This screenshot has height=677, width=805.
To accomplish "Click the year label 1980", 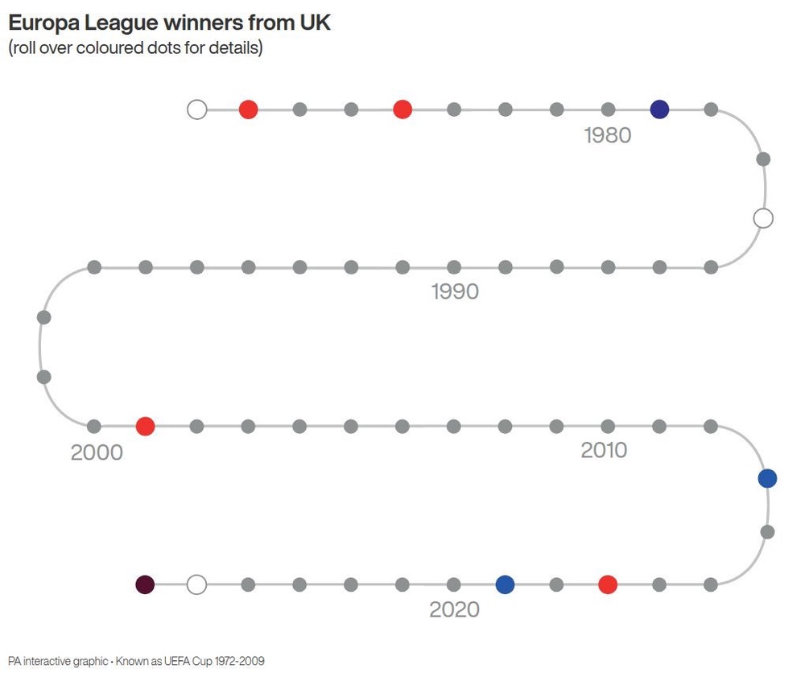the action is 607,135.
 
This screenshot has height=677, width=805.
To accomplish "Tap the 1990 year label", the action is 455,291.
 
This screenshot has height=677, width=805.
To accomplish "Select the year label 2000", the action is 97,452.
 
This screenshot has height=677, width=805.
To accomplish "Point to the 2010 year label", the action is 604,450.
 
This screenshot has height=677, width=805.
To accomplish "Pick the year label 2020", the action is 454,609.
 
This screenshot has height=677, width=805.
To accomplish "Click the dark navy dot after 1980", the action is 659,109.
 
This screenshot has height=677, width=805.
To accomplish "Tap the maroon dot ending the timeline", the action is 145,584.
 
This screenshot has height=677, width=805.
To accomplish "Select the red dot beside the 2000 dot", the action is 145,426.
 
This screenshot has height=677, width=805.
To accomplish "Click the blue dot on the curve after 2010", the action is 767,478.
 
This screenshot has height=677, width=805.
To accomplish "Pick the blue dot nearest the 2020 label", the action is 506,584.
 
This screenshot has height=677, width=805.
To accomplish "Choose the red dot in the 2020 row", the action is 608,584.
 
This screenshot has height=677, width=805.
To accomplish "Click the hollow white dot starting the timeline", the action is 196,109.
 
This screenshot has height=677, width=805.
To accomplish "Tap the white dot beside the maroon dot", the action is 196,584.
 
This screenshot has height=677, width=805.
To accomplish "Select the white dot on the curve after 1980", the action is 763,218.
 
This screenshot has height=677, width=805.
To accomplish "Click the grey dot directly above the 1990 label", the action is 454,267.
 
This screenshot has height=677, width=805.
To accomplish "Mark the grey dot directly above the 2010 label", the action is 608,426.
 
